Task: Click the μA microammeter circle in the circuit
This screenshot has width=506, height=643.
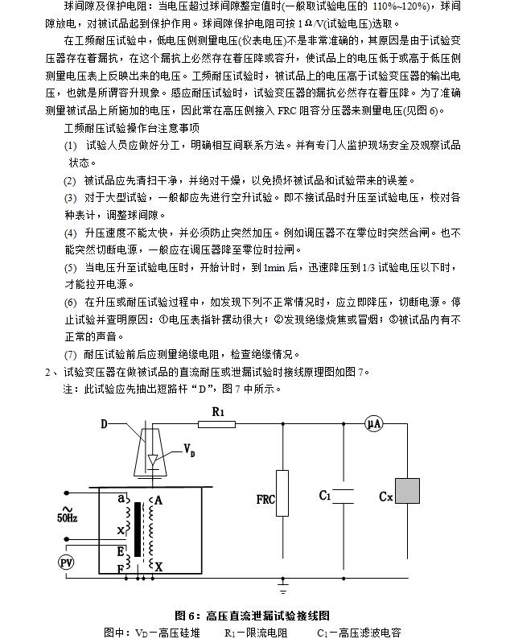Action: [372, 424]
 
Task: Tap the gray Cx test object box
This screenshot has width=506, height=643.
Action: [408, 492]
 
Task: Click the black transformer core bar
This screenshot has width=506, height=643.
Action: [146, 529]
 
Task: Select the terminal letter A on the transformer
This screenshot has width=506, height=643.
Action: [158, 500]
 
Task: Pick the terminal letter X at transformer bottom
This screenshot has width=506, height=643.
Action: [158, 567]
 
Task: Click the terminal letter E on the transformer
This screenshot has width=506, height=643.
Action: [121, 551]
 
